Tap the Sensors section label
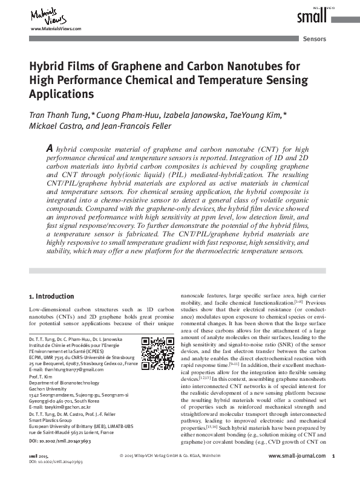[314, 39]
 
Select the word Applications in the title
[62, 94]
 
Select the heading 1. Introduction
[52, 296]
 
